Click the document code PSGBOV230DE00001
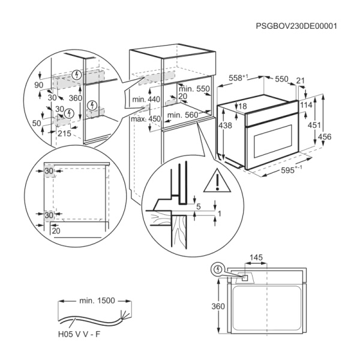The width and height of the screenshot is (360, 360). [296, 26]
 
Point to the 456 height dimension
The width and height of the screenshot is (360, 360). [341, 137]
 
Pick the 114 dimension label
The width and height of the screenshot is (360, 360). [307, 104]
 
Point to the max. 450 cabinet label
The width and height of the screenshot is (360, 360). [146, 119]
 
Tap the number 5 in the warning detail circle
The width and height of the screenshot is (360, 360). [197, 207]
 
